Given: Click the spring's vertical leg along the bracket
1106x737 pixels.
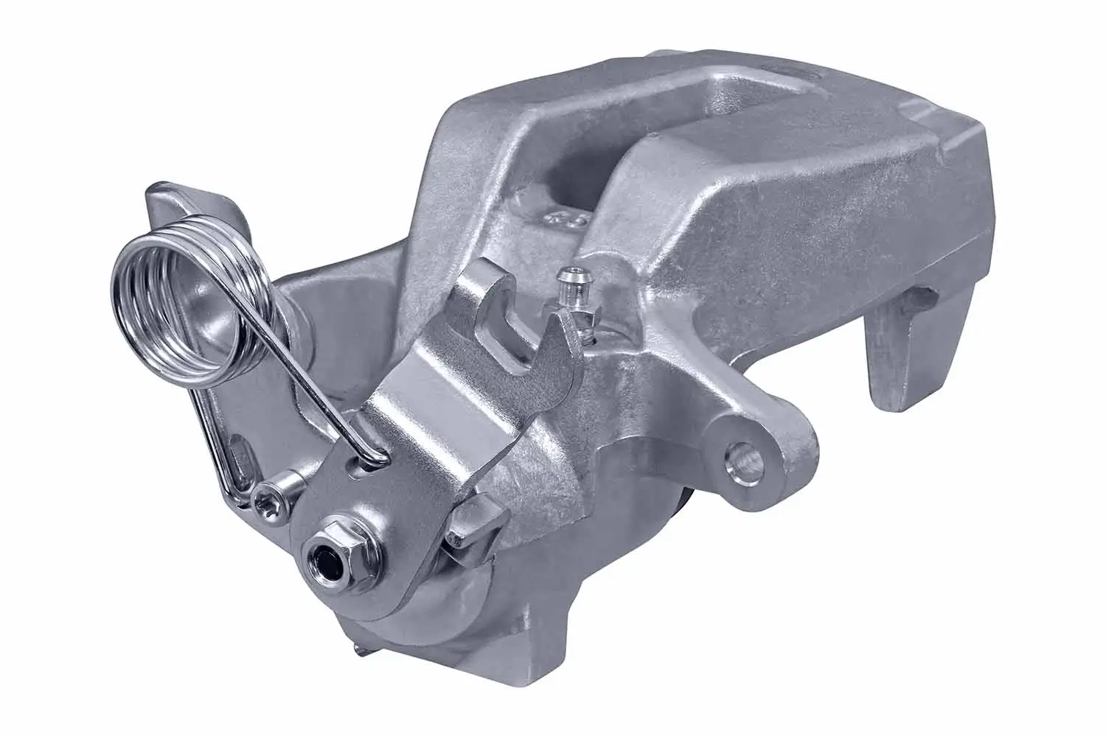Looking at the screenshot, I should [214, 435].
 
